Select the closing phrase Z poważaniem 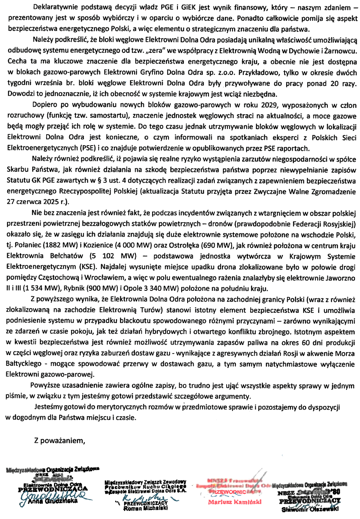click(x=60, y=441)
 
